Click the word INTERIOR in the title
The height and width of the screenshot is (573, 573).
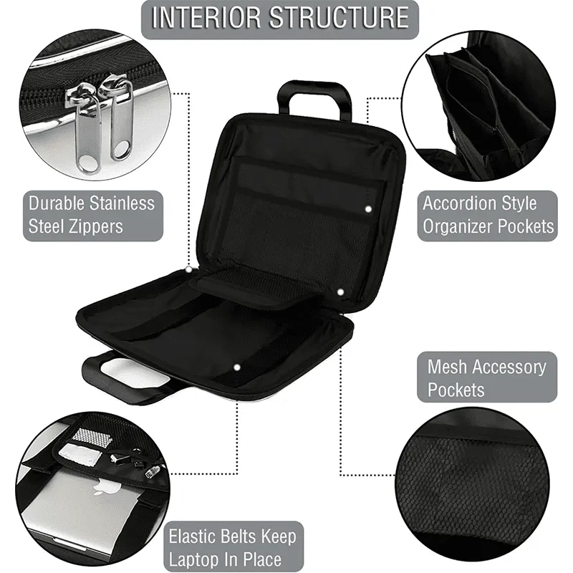point(206,17)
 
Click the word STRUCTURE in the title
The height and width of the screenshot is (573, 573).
point(340,17)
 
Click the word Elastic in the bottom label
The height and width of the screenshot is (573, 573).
point(193,536)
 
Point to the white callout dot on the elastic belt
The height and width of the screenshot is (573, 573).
point(237,367)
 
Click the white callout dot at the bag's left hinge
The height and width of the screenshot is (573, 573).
point(189,269)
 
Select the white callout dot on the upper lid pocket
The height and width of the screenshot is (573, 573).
point(368,209)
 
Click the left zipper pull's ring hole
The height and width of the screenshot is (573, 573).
point(87,163)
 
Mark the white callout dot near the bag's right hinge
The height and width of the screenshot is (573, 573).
point(341,292)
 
